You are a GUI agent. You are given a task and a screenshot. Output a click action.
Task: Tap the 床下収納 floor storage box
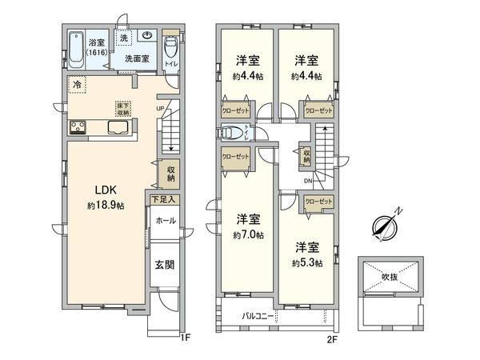click(x=123, y=109)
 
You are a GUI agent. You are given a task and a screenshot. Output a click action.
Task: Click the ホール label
click(x=166, y=220)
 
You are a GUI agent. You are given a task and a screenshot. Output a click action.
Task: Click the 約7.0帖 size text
click(x=246, y=235)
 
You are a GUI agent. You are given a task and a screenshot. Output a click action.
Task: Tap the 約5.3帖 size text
click(x=307, y=262)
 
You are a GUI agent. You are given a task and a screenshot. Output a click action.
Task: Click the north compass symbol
click(x=383, y=226)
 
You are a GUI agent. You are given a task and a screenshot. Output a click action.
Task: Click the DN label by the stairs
click(x=308, y=182)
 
